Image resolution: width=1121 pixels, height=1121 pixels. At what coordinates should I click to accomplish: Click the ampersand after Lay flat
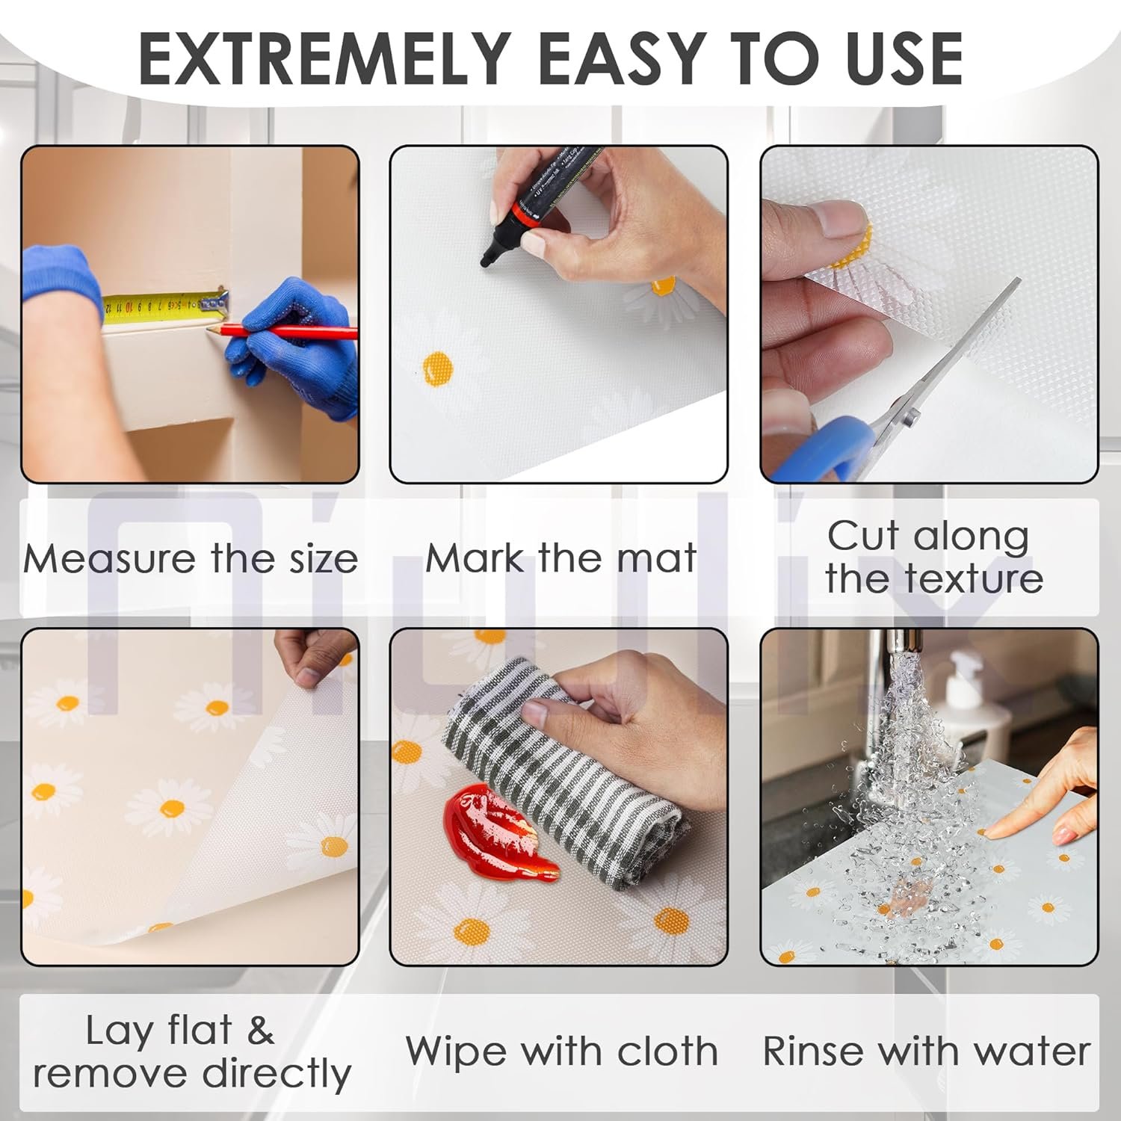click(260, 1031)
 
